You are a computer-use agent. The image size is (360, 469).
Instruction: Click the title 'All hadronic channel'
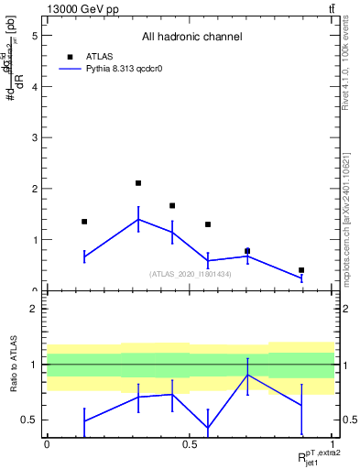click(x=191, y=37)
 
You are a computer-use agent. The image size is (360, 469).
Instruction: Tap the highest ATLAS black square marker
click(x=138, y=183)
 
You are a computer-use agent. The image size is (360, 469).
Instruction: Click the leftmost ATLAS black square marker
click(x=84, y=222)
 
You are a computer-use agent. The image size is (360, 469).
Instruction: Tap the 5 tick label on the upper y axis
click(x=34, y=36)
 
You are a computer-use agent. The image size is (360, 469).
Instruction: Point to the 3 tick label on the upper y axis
click(x=34, y=137)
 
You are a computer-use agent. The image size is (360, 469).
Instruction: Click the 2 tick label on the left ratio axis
click(x=34, y=309)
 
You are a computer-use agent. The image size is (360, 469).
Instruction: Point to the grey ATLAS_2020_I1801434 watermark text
click(x=191, y=274)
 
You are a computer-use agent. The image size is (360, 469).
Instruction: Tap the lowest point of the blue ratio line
click(x=208, y=427)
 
